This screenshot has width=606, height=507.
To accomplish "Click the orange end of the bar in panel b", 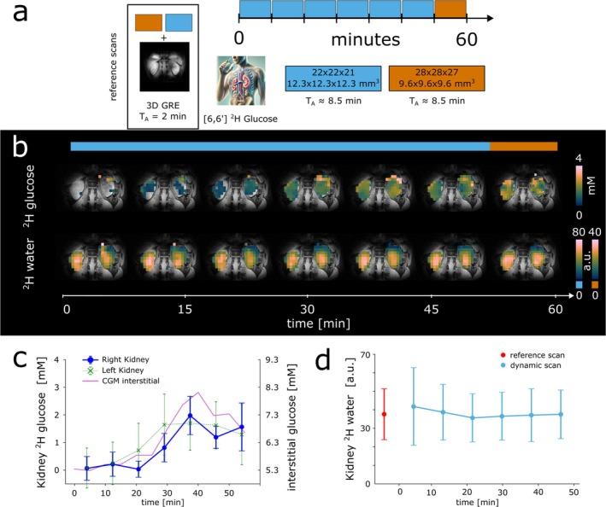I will coord(523,147).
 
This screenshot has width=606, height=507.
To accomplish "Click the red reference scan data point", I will coord(384,415).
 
